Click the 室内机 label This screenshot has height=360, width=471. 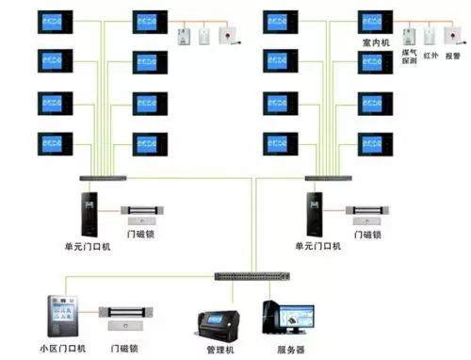click(x=373, y=41)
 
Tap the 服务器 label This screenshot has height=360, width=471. click(x=289, y=349)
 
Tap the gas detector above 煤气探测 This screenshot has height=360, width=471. click(x=408, y=37)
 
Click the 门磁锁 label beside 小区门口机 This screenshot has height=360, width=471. click(x=126, y=349)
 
